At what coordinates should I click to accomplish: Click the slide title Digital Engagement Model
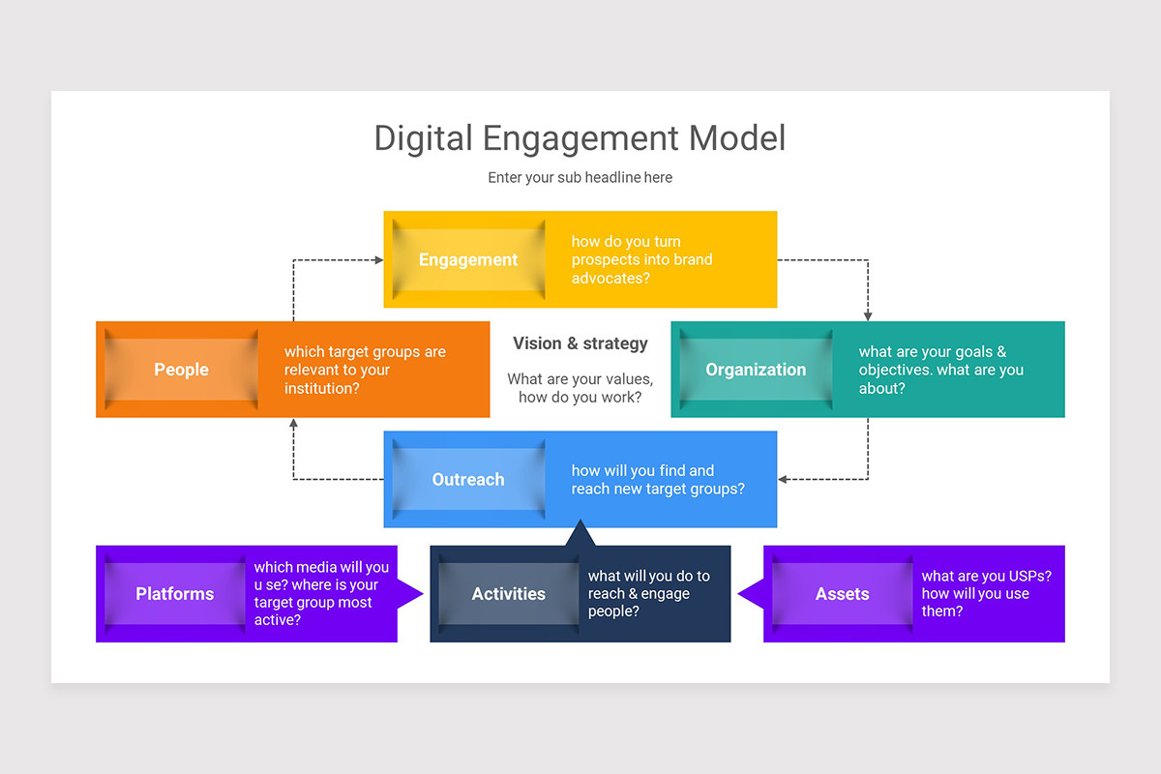(580, 137)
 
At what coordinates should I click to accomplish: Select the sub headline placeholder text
(580, 178)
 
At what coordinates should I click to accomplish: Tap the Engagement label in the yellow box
(468, 259)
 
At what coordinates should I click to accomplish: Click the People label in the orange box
(181, 370)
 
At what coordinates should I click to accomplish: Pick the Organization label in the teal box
(756, 370)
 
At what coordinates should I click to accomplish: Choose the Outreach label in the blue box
(468, 479)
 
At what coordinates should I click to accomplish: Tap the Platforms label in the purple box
(175, 594)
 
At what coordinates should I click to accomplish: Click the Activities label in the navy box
(509, 594)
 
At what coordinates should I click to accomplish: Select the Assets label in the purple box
(843, 594)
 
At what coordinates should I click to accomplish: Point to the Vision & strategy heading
(580, 343)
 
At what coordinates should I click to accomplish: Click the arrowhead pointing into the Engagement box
(378, 259)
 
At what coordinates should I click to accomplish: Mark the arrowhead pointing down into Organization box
(868, 315)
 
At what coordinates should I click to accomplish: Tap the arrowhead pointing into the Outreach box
(783, 479)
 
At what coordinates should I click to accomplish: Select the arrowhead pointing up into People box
(293, 424)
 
